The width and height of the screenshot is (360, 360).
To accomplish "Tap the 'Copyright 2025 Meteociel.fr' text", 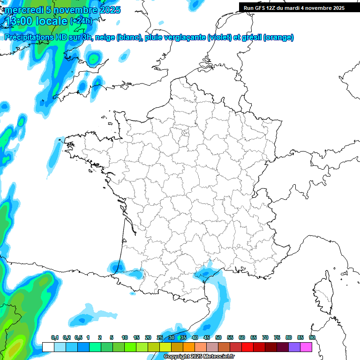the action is (199, 357).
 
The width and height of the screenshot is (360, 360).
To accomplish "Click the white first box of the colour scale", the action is (48, 347).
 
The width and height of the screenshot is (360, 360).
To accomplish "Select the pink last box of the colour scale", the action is (306, 347).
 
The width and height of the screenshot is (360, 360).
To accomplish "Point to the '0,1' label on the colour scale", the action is (55, 338).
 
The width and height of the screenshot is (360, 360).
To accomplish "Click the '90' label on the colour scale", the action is (312, 338).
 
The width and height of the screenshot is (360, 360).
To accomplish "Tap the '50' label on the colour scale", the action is (218, 338).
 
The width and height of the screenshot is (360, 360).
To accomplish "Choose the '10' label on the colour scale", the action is (124, 338).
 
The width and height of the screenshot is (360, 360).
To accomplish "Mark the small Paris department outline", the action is (185, 134).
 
